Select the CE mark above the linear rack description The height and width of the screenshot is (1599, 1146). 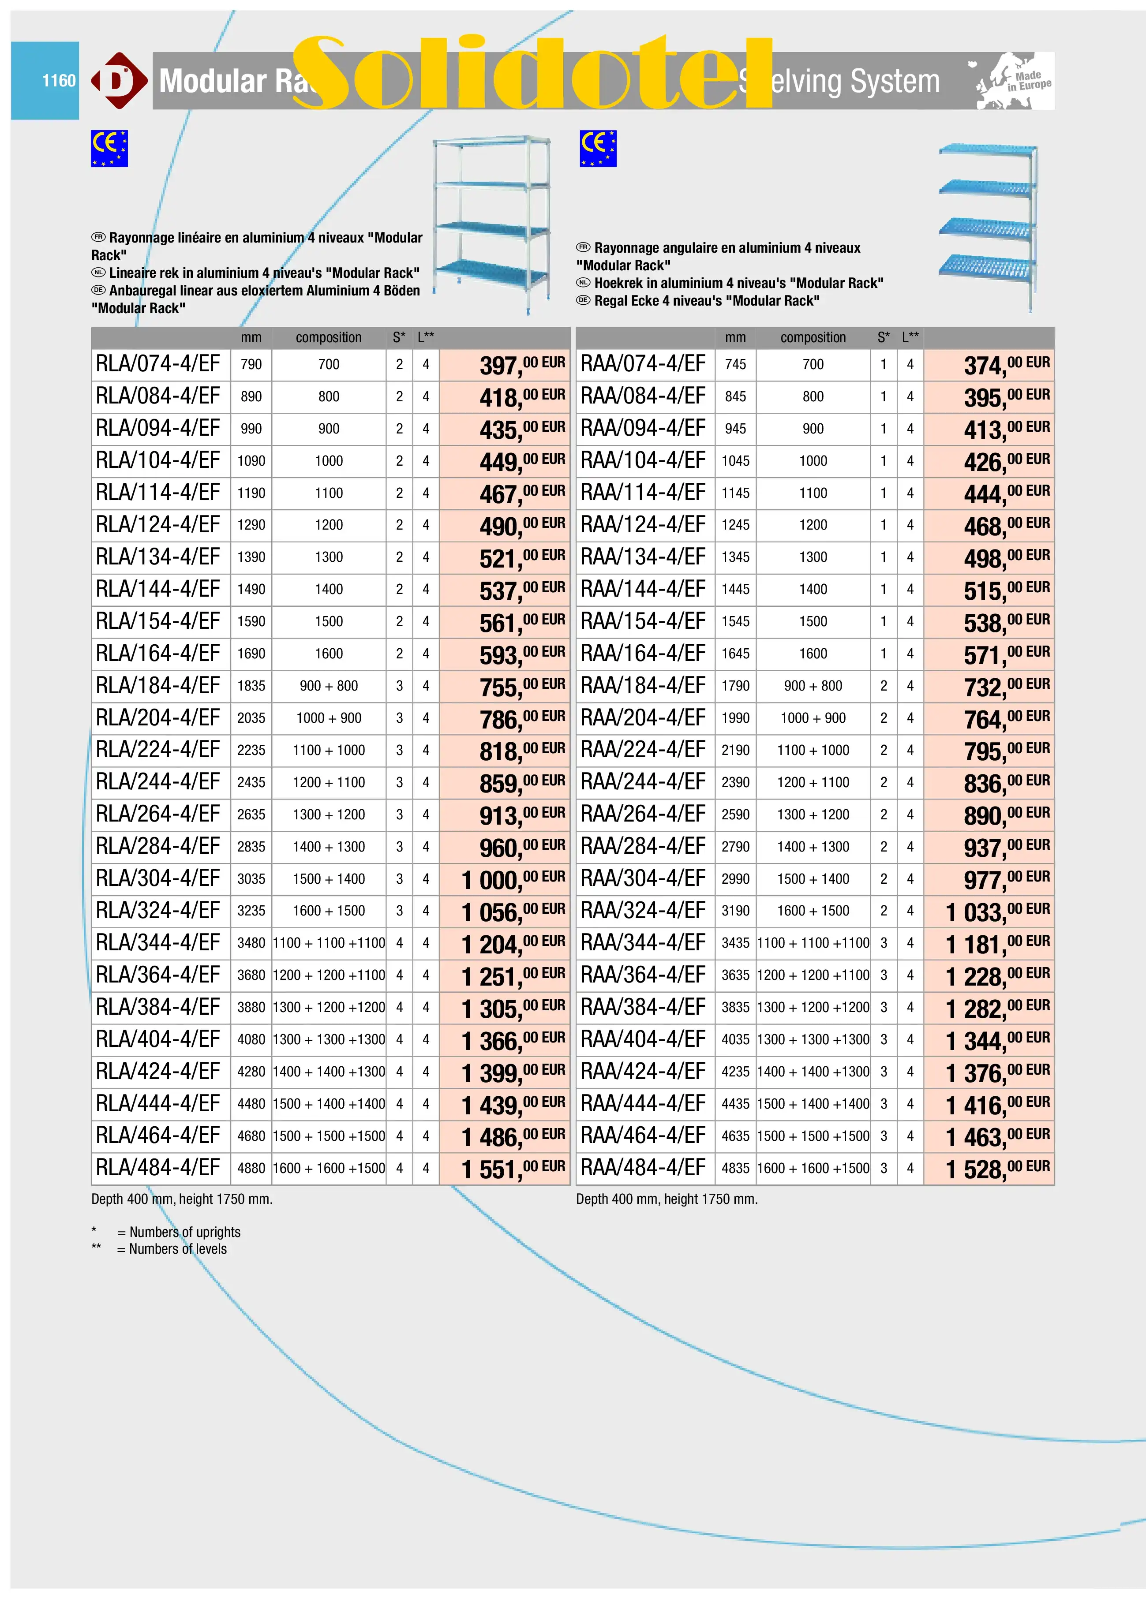109,148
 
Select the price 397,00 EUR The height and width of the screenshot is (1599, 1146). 522,365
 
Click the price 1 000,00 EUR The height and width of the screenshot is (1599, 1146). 513,880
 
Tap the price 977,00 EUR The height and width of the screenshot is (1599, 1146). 1006,880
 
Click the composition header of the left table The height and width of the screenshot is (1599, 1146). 329,338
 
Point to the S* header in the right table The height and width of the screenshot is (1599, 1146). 883,338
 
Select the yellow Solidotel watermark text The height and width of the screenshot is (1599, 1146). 532,74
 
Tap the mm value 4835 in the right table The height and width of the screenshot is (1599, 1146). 735,1168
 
